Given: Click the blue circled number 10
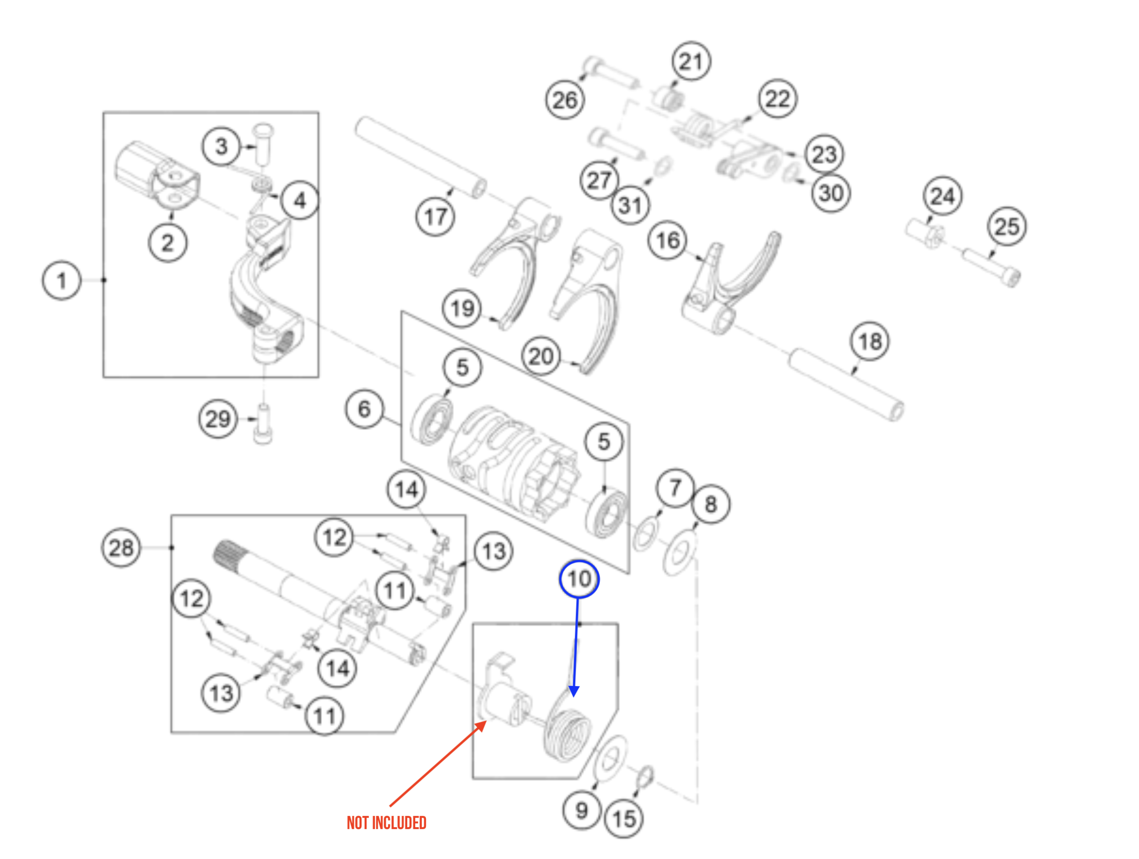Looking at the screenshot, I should pos(579,579).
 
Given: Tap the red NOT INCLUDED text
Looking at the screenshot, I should pos(386,822).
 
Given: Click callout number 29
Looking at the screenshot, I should pos(218,419).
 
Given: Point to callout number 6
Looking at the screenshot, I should pos(365,409).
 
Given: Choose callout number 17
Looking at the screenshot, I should pos(435,216).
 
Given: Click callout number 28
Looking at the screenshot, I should pos(121,548).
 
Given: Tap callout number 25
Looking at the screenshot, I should pos(1007,226).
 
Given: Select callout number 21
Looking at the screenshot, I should pos(691,61).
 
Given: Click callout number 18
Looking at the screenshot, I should pos(869,341).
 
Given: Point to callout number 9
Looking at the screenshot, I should pos(581,810).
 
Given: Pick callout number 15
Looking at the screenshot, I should pos(624,818).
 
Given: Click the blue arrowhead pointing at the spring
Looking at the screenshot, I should pos(574,691).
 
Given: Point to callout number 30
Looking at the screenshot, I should pos(831,193).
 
